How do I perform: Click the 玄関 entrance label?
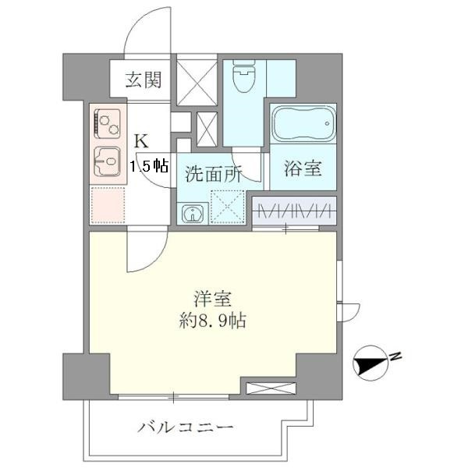click(x=144, y=78)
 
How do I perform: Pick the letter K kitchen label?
click(x=141, y=142)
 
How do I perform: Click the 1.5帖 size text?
click(x=148, y=165)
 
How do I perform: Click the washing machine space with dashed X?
click(x=228, y=208)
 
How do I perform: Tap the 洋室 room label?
click(x=212, y=298)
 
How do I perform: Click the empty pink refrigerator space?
click(x=107, y=204)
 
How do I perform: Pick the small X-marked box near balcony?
click(x=270, y=387)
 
